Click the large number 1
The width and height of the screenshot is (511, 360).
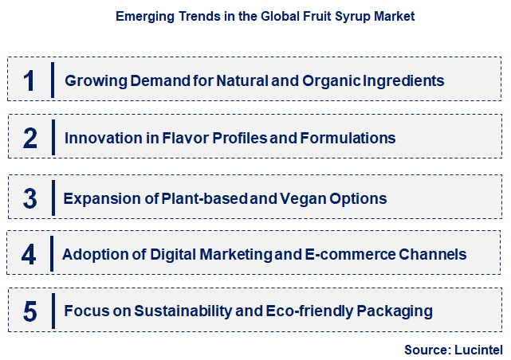point(30,80)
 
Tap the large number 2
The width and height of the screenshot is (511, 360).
point(30,139)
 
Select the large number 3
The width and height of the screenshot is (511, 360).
point(30,198)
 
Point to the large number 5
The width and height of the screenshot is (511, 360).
point(30,311)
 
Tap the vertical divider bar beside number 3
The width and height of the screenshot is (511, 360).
point(53,198)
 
